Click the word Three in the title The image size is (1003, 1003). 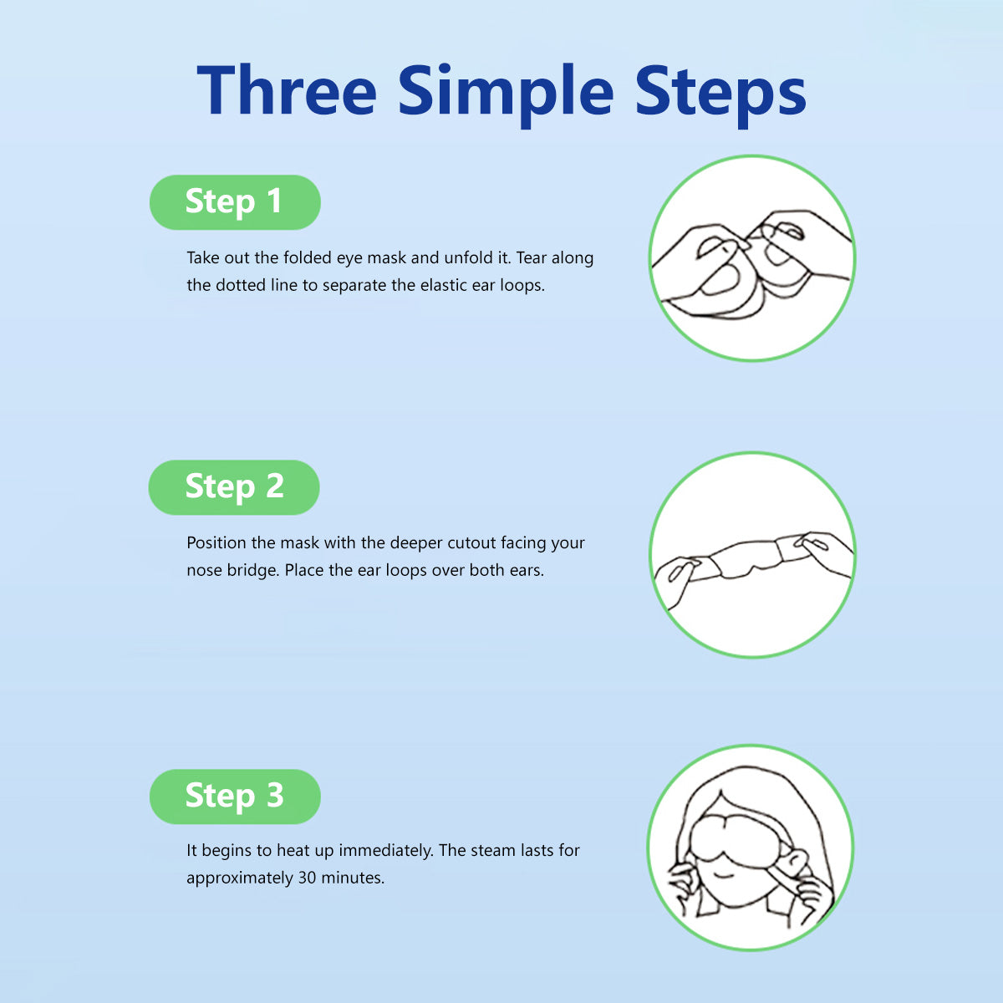point(287,89)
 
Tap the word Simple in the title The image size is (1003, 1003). point(506,94)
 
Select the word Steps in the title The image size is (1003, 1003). point(720,94)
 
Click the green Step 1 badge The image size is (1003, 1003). point(235,202)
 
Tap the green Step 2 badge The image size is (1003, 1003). point(234,487)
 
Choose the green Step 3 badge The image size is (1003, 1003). point(235,797)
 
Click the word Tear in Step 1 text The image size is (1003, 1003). point(532,257)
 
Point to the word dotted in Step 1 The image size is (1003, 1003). point(241,285)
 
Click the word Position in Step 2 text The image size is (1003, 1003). point(216,543)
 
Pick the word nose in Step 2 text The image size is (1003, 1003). point(204,571)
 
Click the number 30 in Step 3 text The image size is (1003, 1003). point(307,878)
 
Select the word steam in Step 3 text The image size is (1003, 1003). point(491,851)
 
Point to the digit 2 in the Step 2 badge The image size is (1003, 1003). point(274,486)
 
